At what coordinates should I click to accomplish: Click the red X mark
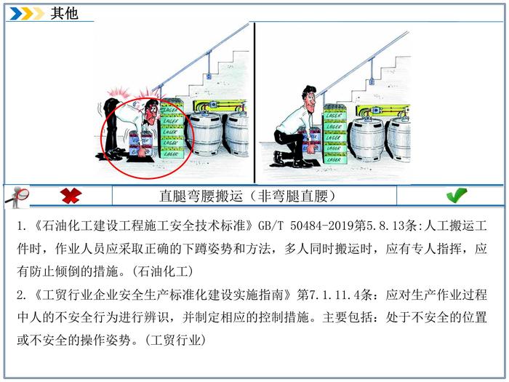[x=71, y=196]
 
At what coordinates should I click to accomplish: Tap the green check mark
[x=457, y=195]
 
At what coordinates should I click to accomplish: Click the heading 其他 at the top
[x=64, y=13]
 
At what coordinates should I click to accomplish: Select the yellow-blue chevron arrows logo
[x=27, y=13]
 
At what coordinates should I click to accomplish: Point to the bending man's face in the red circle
[x=151, y=112]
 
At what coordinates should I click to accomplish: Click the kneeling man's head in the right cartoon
[x=309, y=97]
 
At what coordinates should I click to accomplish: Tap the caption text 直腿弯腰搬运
[x=201, y=196]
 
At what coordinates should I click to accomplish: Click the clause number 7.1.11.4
[x=334, y=295]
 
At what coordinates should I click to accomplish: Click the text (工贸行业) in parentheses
[x=176, y=341]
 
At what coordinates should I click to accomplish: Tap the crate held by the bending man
[x=141, y=143]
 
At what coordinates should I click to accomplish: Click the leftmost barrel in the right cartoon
[x=366, y=140]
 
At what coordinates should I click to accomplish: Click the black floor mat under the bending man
[x=140, y=159]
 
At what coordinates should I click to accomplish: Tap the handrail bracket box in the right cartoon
[x=372, y=81]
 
